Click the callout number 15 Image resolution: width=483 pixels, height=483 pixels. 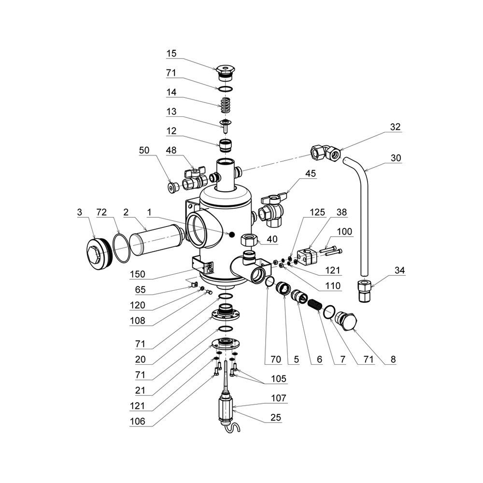pos(172,53)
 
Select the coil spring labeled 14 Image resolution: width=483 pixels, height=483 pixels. pos(224,104)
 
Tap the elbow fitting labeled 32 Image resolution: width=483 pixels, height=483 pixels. pos(327,153)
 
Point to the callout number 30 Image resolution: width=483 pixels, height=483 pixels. pos(396,158)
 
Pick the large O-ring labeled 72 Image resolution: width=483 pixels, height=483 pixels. pos(122,248)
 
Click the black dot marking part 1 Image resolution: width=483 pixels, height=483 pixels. pos(232,235)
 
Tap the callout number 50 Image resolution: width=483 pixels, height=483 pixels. pos(144,150)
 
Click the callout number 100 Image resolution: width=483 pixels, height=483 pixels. pos(344,232)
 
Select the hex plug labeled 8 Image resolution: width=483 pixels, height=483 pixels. pos(346,320)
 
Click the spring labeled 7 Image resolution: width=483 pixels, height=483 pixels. pos(315,305)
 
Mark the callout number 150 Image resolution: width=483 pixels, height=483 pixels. pos(138,274)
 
